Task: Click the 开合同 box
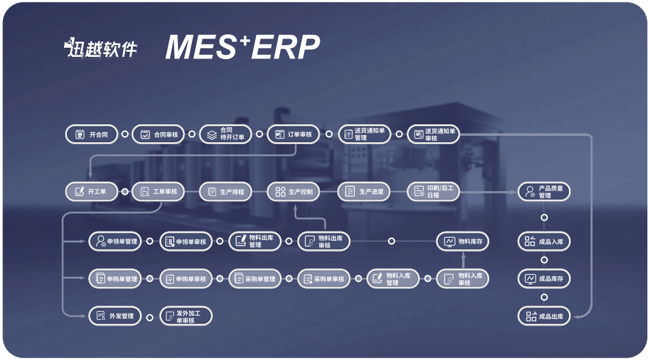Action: point(91,134)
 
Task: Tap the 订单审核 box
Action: point(293,134)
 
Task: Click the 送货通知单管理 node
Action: point(364,134)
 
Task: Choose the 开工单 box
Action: point(91,192)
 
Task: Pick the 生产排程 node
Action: point(226,192)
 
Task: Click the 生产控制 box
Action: point(293,192)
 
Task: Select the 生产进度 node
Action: point(364,192)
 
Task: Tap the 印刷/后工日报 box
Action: point(433,192)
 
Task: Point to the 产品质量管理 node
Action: point(544,192)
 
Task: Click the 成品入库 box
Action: point(544,242)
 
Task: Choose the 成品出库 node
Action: point(544,316)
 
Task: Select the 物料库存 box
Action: point(463,242)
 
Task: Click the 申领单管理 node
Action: point(115,242)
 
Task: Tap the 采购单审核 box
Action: point(323,279)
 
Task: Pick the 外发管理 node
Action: point(115,316)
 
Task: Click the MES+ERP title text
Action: point(243,48)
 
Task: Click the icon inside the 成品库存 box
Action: point(530,279)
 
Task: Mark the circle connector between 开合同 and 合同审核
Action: point(125,134)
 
